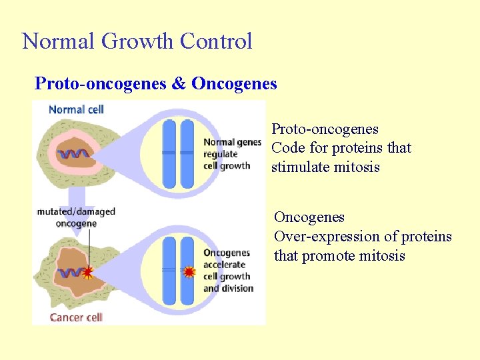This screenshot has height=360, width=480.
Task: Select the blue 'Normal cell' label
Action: pyautogui.click(x=76, y=109)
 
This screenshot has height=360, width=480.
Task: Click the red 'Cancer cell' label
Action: pyautogui.click(x=76, y=317)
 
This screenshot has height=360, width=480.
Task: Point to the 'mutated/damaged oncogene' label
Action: pyautogui.click(x=76, y=217)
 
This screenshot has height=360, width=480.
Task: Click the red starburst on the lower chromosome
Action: pyautogui.click(x=189, y=272)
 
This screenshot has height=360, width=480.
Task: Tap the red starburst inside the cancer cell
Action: pyautogui.click(x=87, y=272)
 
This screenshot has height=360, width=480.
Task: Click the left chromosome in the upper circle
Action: pyautogui.click(x=169, y=153)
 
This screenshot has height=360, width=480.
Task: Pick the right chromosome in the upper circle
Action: pyautogui.click(x=187, y=153)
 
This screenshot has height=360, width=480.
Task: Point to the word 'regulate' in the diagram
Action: pyautogui.click(x=221, y=154)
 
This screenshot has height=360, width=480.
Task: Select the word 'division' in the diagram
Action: pyautogui.click(x=237, y=289)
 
